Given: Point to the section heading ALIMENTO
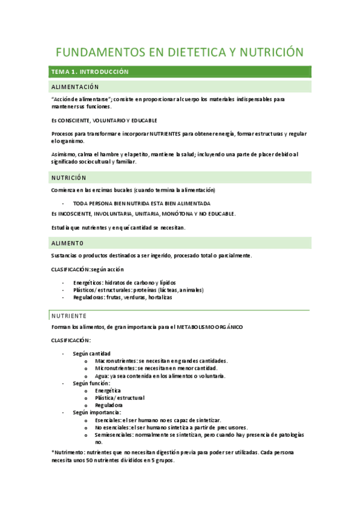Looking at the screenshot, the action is (x=67, y=243).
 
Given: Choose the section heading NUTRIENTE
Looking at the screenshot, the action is (x=69, y=316).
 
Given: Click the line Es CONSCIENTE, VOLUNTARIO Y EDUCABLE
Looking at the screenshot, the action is (x=103, y=120).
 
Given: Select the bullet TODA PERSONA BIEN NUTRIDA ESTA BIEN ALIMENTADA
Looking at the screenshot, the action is (x=141, y=203).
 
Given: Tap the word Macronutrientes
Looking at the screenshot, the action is (x=116, y=361).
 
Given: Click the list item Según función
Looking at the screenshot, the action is (x=91, y=382).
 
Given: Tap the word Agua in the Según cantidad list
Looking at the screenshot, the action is (x=101, y=375).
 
